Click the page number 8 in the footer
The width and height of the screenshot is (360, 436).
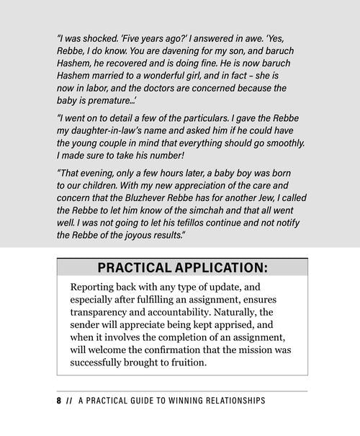[58, 401]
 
